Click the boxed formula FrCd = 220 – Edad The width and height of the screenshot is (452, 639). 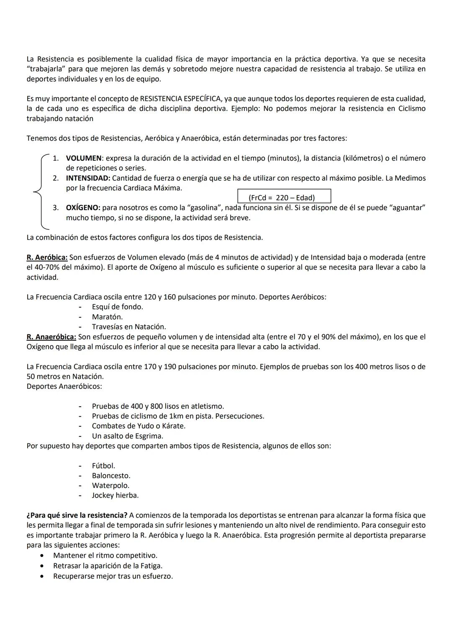point(284,197)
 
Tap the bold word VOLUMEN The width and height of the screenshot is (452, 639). point(83,158)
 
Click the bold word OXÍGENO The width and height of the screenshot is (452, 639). point(82,208)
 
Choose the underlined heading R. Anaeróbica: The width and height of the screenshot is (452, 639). point(51,337)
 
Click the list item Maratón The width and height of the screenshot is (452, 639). point(107,317)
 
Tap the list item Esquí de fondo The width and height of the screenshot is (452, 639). point(117,307)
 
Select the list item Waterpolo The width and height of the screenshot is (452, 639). point(110,485)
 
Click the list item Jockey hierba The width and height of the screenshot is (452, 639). point(115,495)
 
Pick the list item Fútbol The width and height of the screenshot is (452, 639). point(103,466)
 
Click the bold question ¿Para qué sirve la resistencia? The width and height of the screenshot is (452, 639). point(77,515)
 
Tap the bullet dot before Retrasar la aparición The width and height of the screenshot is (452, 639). point(42,566)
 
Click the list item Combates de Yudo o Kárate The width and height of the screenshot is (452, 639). point(139,426)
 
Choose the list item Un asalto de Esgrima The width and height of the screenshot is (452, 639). point(127,436)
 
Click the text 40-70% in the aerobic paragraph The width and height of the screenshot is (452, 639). point(44,267)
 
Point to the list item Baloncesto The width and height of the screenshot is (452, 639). point(111,476)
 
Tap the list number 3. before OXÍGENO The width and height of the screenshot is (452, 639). point(56,208)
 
